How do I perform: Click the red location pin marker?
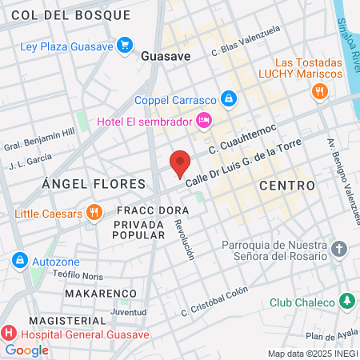(180, 162)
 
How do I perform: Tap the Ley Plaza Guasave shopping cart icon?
(124, 46)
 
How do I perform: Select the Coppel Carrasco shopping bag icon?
(229, 99)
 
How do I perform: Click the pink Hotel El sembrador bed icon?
(204, 121)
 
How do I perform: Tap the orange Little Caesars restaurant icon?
(94, 213)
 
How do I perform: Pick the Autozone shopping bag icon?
(19, 261)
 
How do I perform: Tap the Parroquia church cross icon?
(338, 250)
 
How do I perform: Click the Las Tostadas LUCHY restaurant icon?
(319, 92)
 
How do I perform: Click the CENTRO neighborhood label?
(286, 186)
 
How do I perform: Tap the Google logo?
(26, 350)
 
